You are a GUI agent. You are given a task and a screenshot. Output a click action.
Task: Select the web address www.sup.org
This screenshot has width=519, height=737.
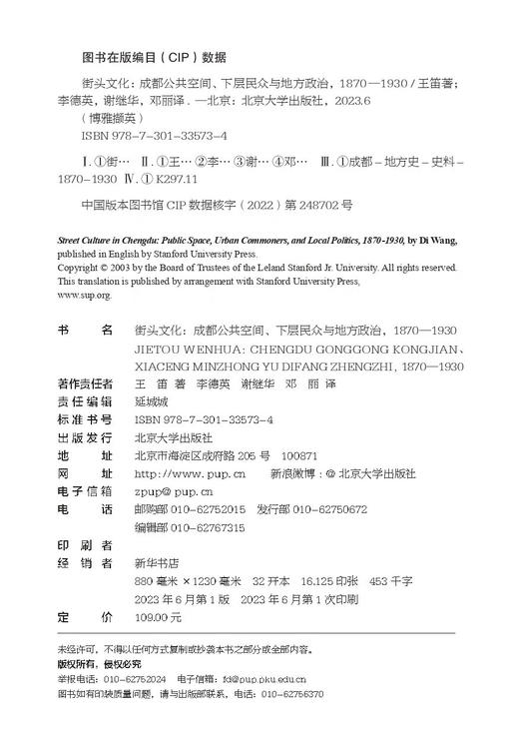85,295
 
